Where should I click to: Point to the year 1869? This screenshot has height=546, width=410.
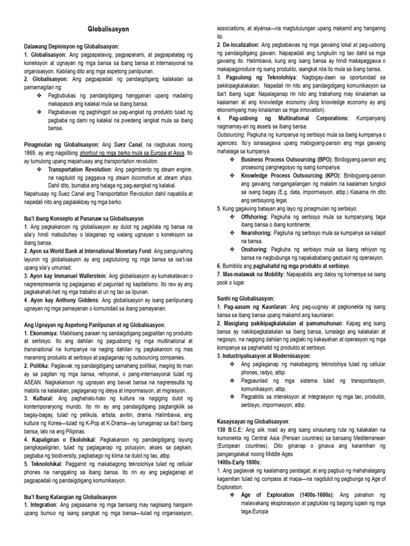(33, 152)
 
